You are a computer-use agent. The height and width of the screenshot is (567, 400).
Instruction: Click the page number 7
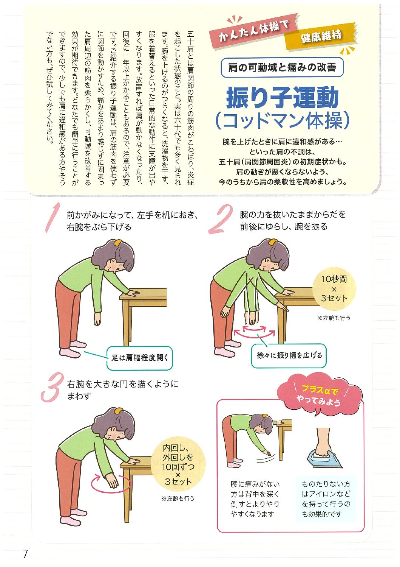click(25, 554)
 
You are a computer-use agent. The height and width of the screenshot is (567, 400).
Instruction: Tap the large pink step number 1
click(53, 217)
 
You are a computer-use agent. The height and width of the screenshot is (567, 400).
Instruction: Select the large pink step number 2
click(221, 219)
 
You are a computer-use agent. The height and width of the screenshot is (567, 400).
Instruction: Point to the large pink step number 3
click(51, 387)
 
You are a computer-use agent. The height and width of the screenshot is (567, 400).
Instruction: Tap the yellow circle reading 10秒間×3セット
click(334, 288)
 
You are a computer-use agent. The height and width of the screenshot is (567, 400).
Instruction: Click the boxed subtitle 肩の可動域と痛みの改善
click(282, 67)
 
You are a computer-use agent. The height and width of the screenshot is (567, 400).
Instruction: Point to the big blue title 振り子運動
click(282, 97)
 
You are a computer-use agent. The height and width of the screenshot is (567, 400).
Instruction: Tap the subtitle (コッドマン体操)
click(282, 121)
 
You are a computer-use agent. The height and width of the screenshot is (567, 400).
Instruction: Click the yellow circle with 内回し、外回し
click(178, 464)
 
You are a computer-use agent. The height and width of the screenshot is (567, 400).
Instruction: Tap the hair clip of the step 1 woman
click(118, 243)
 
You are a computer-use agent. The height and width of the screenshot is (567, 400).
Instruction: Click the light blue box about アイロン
click(326, 499)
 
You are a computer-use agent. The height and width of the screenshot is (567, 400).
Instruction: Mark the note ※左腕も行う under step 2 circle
click(334, 318)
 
